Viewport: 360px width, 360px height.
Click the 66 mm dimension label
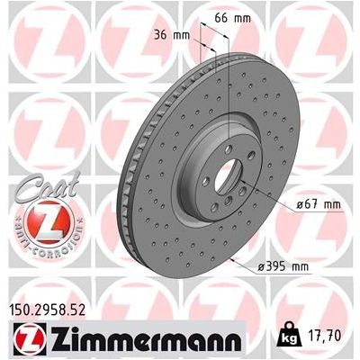click(233, 19)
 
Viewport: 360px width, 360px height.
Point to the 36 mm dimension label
click(172, 35)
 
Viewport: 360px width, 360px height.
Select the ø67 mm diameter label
click(319, 204)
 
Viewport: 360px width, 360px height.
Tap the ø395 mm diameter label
click(283, 266)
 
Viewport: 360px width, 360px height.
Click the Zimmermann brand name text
click(146, 340)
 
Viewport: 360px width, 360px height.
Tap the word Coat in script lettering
click(49, 186)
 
